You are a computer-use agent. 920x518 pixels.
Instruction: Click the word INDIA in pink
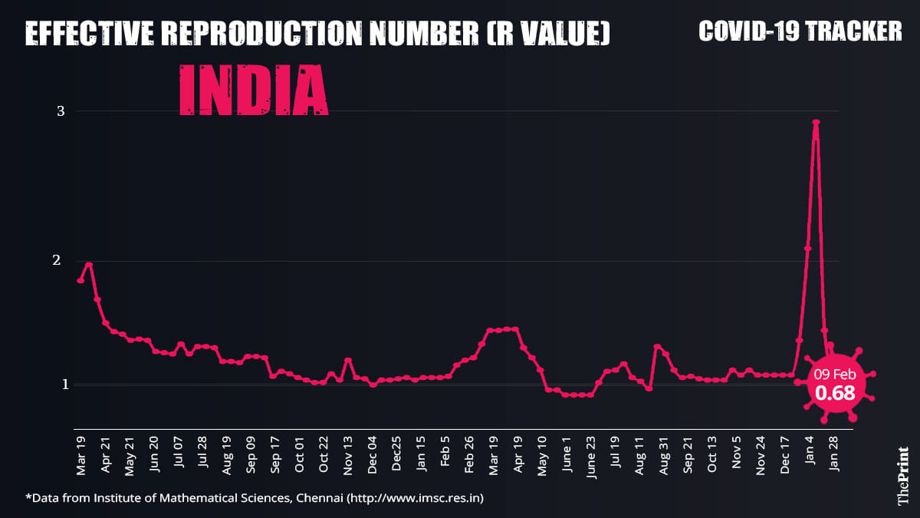tap(254, 90)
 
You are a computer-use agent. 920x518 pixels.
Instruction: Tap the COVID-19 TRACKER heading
tap(800, 31)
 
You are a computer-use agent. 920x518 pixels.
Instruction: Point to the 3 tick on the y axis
tap(61, 111)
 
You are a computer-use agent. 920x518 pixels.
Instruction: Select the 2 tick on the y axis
tap(61, 261)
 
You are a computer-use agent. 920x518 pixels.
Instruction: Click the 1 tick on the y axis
tap(61, 384)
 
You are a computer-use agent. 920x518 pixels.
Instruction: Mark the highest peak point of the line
tap(816, 123)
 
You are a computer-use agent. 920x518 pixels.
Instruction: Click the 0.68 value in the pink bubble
tap(835, 394)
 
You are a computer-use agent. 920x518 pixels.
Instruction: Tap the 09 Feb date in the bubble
tap(836, 374)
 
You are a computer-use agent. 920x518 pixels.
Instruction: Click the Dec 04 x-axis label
tap(373, 455)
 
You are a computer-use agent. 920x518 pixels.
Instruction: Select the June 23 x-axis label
tap(591, 455)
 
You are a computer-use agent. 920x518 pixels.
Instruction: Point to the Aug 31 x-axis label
tap(664, 455)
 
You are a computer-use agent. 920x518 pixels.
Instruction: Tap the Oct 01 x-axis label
tap(300, 455)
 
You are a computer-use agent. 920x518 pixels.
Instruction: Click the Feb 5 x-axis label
tap(445, 455)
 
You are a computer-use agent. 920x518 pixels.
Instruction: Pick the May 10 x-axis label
tap(542, 455)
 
